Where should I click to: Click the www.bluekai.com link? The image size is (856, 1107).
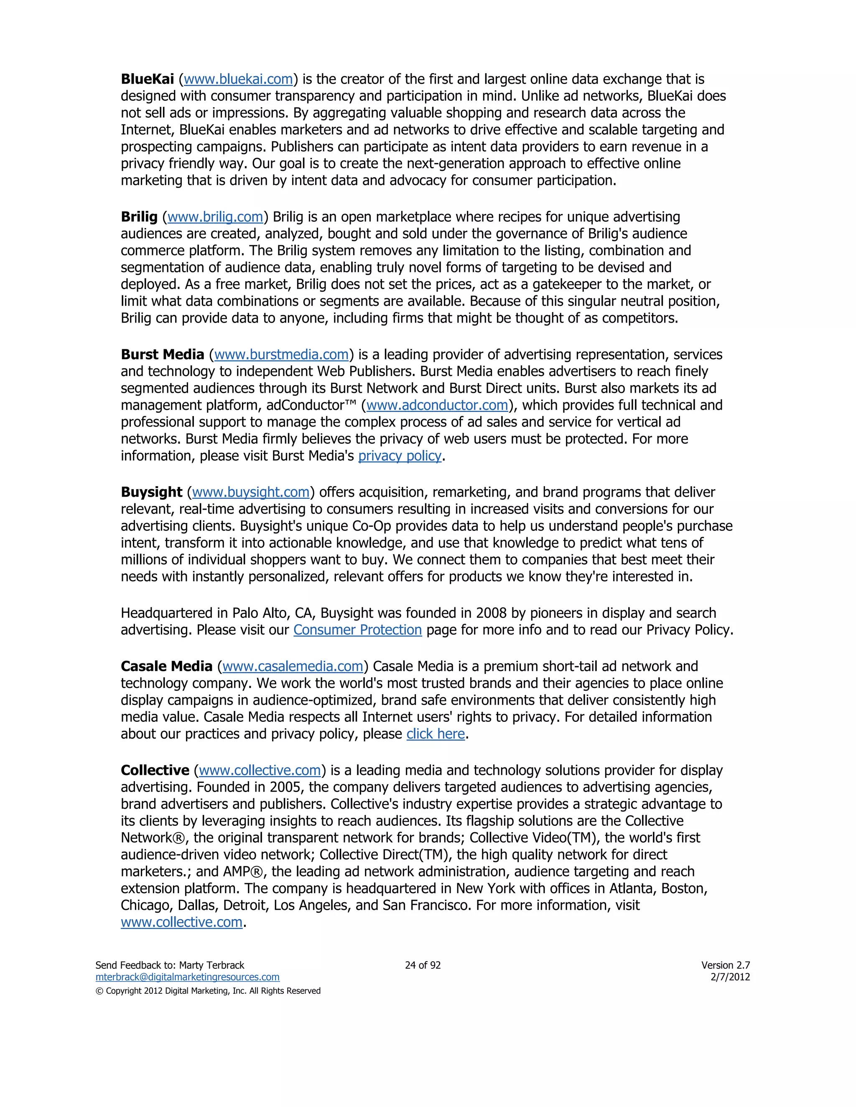click(238, 79)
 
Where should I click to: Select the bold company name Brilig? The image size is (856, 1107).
click(139, 217)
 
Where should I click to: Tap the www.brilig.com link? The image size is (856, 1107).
click(215, 217)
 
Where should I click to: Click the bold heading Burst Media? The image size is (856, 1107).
click(162, 354)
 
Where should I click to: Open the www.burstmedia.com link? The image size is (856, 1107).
click(281, 354)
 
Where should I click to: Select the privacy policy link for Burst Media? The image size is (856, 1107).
click(400, 456)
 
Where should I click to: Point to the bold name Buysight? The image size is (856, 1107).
click(151, 492)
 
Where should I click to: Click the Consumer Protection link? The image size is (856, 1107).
click(357, 630)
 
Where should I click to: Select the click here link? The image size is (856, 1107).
click(436, 734)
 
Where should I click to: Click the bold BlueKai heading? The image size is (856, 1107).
click(147, 79)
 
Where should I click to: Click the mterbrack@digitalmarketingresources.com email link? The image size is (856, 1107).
click(187, 977)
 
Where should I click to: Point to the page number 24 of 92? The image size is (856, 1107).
click(423, 965)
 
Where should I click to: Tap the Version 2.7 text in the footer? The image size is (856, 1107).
click(725, 965)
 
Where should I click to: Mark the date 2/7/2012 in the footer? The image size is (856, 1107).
click(730, 977)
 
